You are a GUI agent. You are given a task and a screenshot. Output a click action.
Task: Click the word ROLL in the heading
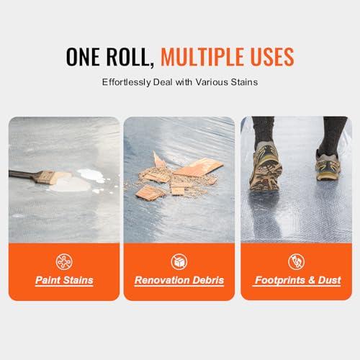click(x=132, y=56)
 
